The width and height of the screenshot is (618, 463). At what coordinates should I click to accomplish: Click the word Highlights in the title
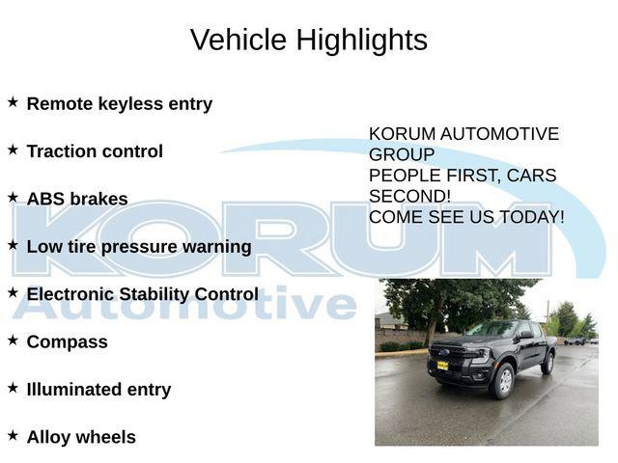point(361,41)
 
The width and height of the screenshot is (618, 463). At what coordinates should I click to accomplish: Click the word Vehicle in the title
point(239,40)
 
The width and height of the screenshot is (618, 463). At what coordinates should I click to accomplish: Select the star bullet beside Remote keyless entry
point(13,102)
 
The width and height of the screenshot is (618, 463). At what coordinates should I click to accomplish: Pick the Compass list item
point(67,342)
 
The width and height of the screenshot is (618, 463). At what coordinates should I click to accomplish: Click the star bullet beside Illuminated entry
point(13,388)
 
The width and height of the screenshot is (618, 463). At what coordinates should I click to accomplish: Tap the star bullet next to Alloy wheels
point(13,435)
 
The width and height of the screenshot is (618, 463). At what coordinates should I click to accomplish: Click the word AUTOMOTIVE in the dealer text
point(499,134)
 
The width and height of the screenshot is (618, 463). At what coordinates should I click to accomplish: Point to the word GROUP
point(402,154)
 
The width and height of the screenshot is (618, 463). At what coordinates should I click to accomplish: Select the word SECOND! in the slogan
point(409,196)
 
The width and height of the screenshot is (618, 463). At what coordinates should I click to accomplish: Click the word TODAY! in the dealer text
point(532,217)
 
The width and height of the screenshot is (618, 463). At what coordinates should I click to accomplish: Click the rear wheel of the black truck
point(548,364)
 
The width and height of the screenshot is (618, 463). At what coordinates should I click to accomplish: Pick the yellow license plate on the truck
point(442,366)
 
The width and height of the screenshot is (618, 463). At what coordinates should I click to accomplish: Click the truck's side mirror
point(526,335)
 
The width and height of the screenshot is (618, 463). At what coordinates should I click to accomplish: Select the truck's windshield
point(493,329)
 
